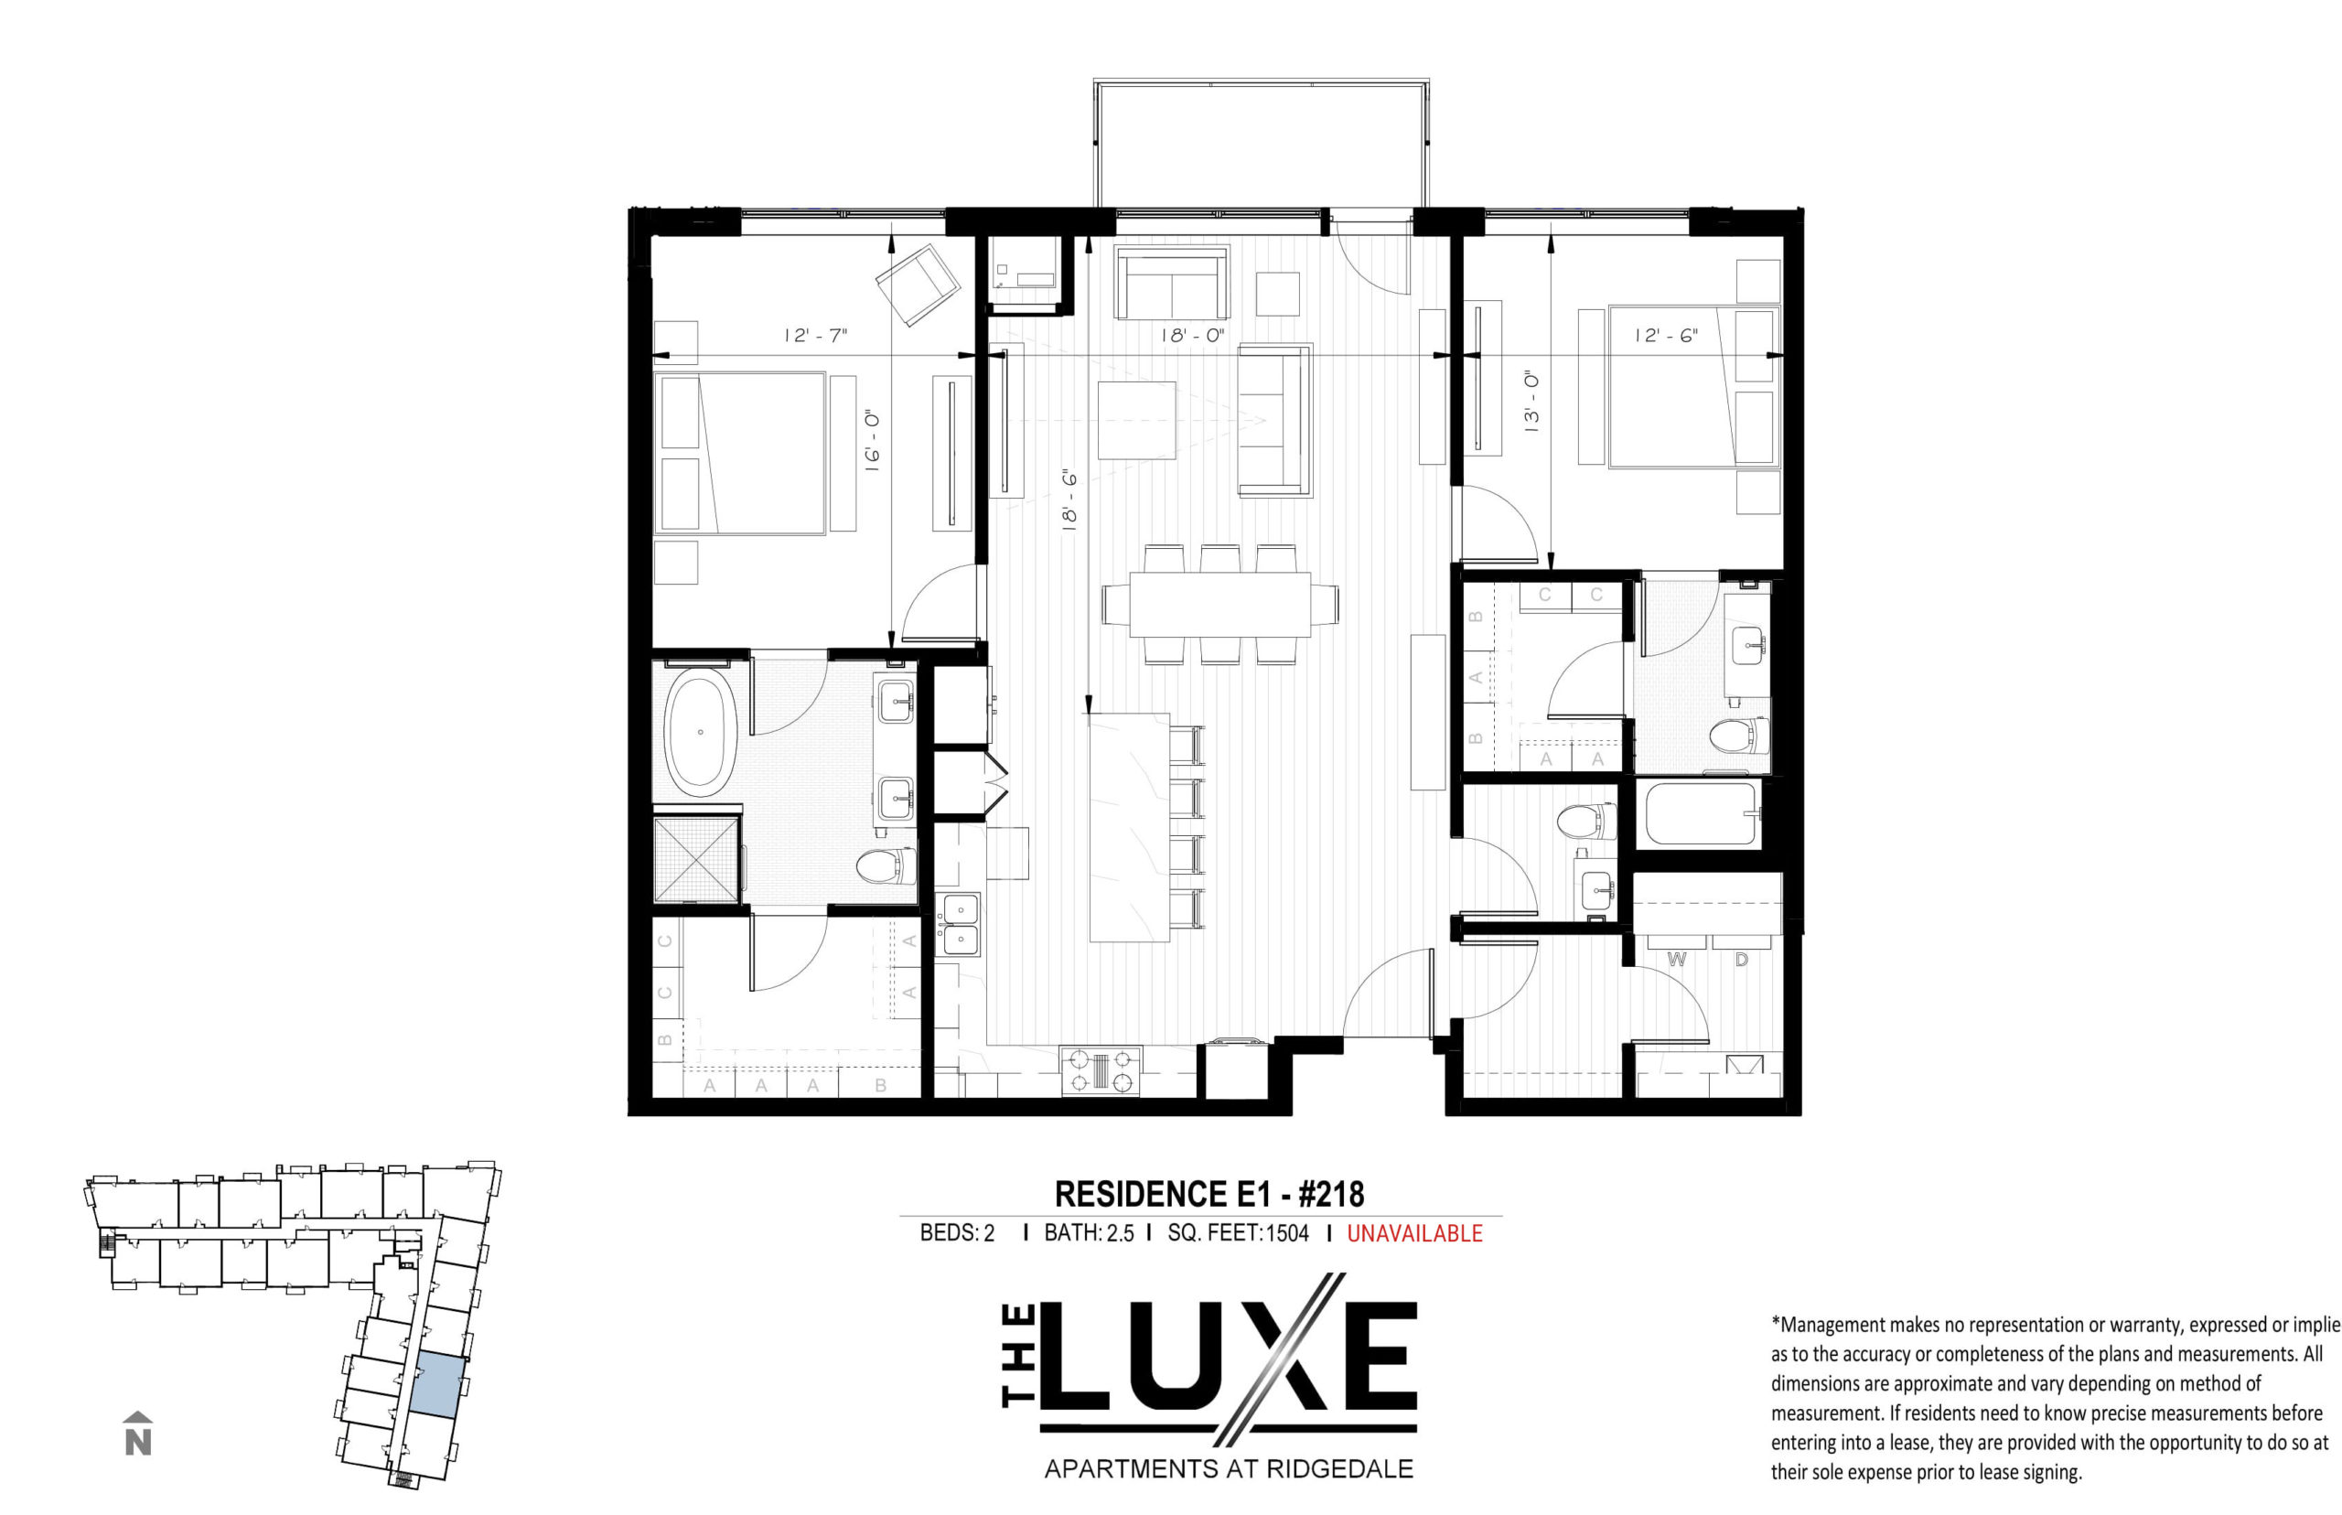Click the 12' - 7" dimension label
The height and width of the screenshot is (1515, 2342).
(x=814, y=336)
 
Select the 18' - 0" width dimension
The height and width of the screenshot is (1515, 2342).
(x=1192, y=336)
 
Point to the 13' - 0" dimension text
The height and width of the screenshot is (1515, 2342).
(x=1531, y=403)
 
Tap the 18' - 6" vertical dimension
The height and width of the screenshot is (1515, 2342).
(x=1069, y=500)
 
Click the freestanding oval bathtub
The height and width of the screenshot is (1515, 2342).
(x=701, y=733)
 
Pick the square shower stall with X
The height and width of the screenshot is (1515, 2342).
(x=695, y=859)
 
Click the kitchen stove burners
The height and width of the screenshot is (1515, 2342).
(x=1100, y=1070)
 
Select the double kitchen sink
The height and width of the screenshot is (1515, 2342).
(x=959, y=925)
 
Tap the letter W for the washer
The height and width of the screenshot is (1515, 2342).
(x=1676, y=959)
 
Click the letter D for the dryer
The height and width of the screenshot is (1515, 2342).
(x=1741, y=959)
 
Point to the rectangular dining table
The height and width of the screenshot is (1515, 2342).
(x=1219, y=604)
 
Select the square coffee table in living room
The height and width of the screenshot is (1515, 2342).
(x=1136, y=420)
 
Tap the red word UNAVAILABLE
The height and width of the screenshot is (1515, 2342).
(x=1413, y=1232)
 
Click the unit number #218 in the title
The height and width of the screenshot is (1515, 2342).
(x=1332, y=1194)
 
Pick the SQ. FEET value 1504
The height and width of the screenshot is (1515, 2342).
(x=1286, y=1232)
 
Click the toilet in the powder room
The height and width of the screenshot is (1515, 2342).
(x=1586, y=822)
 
